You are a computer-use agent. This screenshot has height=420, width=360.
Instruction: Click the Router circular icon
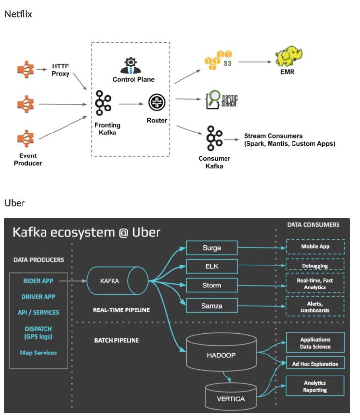156,103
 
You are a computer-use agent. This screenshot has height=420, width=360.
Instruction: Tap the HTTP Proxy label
61,69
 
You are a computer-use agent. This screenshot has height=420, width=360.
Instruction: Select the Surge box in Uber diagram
212,247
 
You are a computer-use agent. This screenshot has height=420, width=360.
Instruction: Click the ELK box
212,266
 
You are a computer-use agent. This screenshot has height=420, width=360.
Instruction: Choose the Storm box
212,285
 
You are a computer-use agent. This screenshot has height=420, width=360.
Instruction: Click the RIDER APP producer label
38,281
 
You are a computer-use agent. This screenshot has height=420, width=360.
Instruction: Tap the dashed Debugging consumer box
315,265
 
